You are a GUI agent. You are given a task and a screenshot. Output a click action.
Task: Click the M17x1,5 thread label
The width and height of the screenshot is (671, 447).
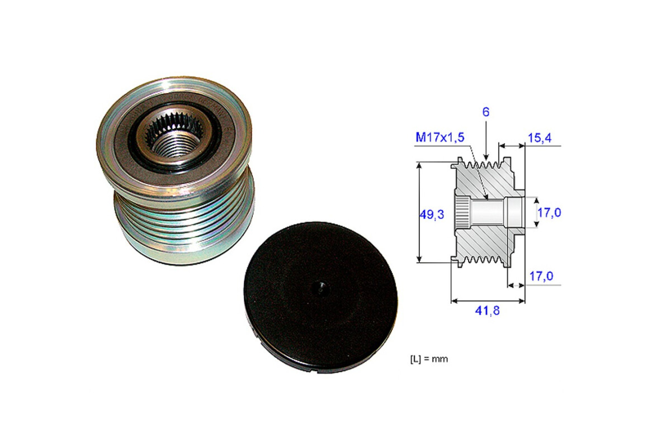(x=440, y=137)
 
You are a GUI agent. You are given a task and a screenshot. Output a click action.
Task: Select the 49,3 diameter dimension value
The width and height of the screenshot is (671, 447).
(x=432, y=215)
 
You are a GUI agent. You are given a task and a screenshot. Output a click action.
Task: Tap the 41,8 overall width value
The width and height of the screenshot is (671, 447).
(x=488, y=311)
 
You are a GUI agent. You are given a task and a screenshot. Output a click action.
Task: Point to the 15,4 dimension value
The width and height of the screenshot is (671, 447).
(x=540, y=138)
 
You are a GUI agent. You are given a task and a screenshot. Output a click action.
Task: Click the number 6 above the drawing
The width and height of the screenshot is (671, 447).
(x=486, y=112)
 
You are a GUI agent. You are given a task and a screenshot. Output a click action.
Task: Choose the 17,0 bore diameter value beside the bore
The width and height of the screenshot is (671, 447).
(x=549, y=212)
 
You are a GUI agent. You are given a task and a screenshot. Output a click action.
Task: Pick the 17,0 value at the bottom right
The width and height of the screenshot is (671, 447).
(x=541, y=276)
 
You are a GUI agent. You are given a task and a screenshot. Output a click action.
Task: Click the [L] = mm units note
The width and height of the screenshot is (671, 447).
(x=429, y=359)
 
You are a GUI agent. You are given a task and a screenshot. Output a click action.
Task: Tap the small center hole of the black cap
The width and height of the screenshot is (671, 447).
(x=320, y=289)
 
